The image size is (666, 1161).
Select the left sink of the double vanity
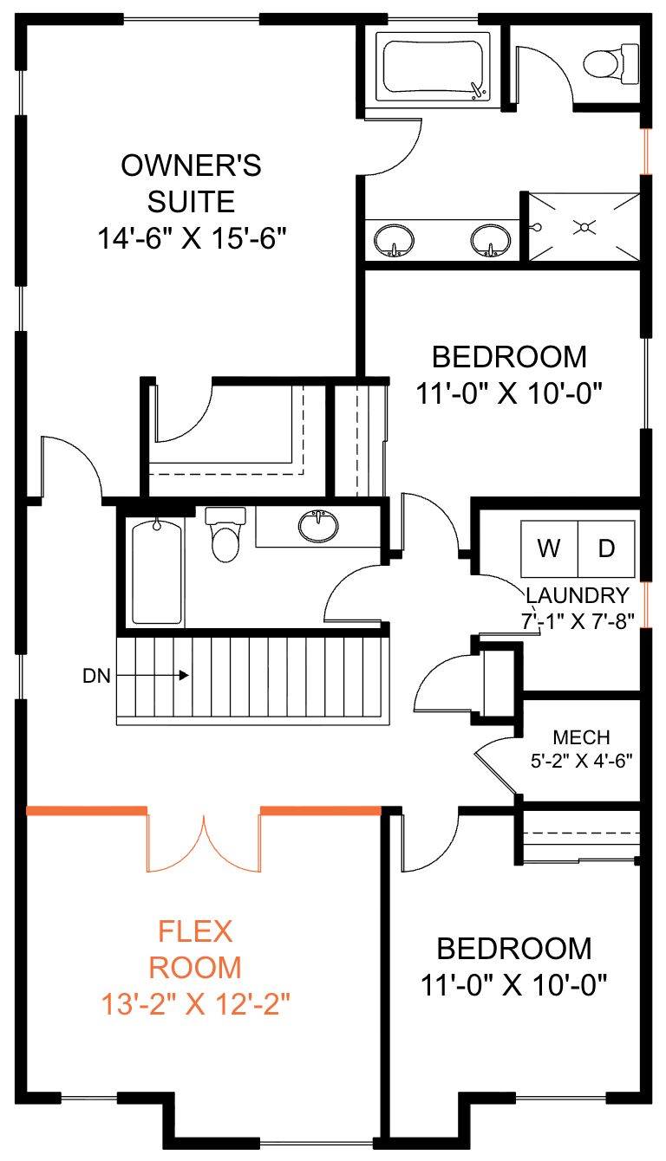coord(394,241)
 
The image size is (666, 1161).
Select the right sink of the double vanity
coord(490,241)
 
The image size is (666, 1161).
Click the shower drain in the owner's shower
coord(584,227)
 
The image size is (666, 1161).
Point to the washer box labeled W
coord(549,548)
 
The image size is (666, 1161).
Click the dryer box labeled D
coord(606,548)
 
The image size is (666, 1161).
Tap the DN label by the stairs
coord(96,676)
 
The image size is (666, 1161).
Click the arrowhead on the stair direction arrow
coord(184,675)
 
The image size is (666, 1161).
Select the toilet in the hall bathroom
coord(225,535)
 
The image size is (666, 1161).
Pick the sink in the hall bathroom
coord(318,526)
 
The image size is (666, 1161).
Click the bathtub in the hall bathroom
coord(157,572)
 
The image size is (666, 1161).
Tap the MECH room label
coord(581,737)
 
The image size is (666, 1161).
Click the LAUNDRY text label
coord(578,595)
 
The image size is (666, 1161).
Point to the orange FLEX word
coord(195,931)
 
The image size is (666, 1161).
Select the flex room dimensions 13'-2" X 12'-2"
coord(195,1004)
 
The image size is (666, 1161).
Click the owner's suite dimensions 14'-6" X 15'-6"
coord(192,238)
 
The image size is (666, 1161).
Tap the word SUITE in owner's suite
coord(191,202)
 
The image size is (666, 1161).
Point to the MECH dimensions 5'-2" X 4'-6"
coord(582,761)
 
